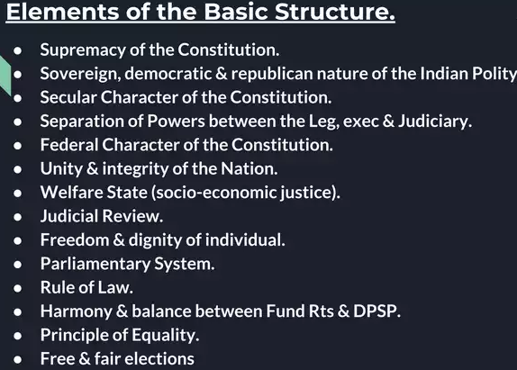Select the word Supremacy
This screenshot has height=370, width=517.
click(83, 50)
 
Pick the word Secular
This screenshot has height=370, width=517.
click(68, 97)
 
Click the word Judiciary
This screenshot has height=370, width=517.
click(435, 122)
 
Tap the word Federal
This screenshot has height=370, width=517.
click(69, 145)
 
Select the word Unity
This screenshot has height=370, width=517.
click(61, 169)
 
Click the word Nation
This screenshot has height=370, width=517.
click(249, 168)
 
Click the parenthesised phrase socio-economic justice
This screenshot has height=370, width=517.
click(246, 193)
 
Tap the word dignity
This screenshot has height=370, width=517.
click(155, 240)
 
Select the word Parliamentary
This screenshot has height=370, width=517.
click(95, 264)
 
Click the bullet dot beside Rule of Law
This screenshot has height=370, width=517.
click(18, 288)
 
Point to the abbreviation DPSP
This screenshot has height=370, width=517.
click(376, 311)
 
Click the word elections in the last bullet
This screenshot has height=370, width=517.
click(159, 359)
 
